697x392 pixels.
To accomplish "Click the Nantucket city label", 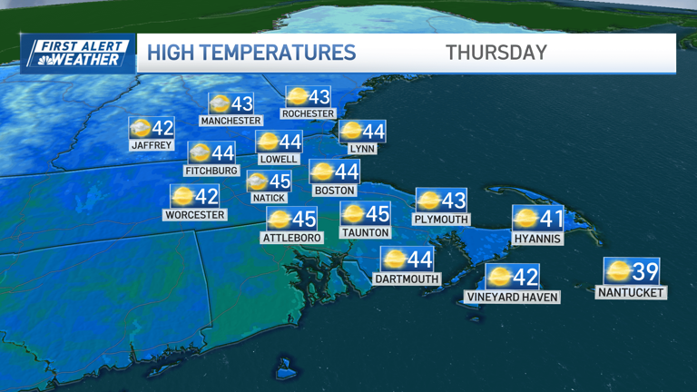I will pyautogui.click(x=632, y=292).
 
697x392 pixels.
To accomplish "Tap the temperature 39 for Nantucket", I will pyautogui.click(x=644, y=270).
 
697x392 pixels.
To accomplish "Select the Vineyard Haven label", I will pyautogui.click(x=512, y=297).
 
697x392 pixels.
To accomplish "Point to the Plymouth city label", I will pyautogui.click(x=440, y=220).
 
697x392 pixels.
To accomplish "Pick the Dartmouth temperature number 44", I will pyautogui.click(x=419, y=260).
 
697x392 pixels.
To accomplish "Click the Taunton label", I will pyautogui.click(x=366, y=232).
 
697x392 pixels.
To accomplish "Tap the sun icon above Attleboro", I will pyautogui.click(x=279, y=219).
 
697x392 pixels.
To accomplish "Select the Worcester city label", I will pyautogui.click(x=194, y=215).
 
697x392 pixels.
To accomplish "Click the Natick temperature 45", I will pyautogui.click(x=280, y=181).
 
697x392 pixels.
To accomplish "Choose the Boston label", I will pyautogui.click(x=334, y=191).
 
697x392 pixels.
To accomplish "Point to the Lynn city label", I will pyautogui.click(x=361, y=149).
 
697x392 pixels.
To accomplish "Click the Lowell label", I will pyautogui.click(x=279, y=159).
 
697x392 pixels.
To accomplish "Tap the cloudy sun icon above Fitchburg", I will pyautogui.click(x=200, y=152).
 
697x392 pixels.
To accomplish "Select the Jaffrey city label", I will pyautogui.click(x=151, y=145).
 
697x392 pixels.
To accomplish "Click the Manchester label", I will pyautogui.click(x=231, y=121).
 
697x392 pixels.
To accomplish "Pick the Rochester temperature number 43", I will pyautogui.click(x=319, y=96).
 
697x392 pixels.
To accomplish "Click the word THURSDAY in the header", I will pyautogui.click(x=496, y=53).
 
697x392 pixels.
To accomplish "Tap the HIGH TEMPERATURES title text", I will pyautogui.click(x=251, y=53).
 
